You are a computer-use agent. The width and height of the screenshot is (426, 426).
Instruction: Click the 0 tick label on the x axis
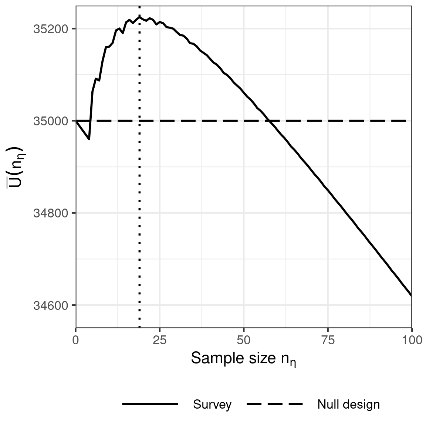pyautogui.click(x=76, y=340)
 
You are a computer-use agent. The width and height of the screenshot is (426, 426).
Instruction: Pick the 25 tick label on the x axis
pyautogui.click(x=160, y=340)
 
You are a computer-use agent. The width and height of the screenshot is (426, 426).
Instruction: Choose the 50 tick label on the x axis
pyautogui.click(x=244, y=340)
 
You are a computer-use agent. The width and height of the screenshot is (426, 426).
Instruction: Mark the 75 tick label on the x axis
pyautogui.click(x=328, y=340)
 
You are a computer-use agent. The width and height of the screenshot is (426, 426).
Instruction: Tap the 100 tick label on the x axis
pyautogui.click(x=412, y=340)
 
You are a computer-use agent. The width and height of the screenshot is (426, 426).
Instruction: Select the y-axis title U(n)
pyautogui.click(x=16, y=166)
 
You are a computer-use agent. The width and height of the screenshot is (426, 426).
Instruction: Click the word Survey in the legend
pyautogui.click(x=212, y=405)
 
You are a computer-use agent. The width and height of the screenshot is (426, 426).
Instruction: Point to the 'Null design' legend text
pyautogui.click(x=348, y=405)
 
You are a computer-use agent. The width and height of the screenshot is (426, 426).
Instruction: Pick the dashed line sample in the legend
pyautogui.click(x=274, y=405)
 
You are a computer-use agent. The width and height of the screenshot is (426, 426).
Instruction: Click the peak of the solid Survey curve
pyautogui.click(x=139, y=17)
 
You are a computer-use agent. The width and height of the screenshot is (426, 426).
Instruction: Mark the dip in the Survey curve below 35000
pyautogui.click(x=89, y=139)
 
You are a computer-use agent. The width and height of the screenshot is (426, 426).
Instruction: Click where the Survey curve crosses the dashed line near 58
pyautogui.click(x=270, y=121)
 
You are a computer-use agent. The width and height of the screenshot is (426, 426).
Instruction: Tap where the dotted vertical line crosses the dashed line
pyautogui.click(x=139, y=121)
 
